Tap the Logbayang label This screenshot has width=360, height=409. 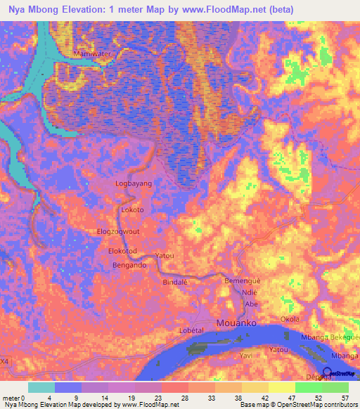pyautogui.click(x=134, y=183)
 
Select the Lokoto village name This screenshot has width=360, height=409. pyautogui.click(x=132, y=210)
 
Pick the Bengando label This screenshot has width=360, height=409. pyautogui.click(x=129, y=266)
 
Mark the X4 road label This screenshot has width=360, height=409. pyautogui.click(x=5, y=361)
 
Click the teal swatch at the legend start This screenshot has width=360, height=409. pyautogui.click(x=41, y=387)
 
